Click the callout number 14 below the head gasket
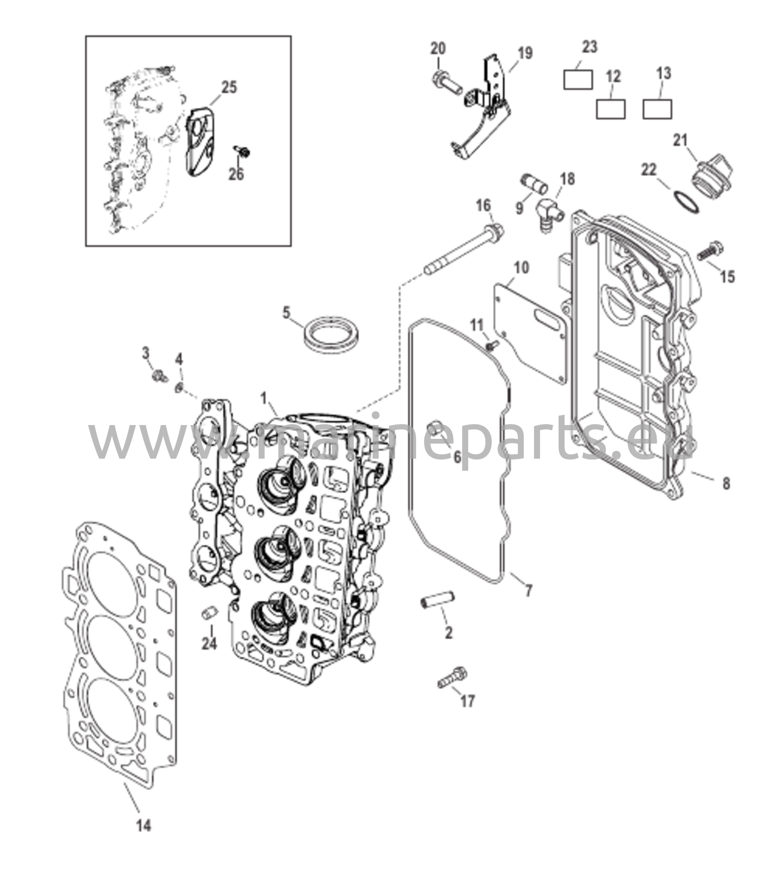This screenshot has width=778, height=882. [x=144, y=826]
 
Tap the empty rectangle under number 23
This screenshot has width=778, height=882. [x=577, y=79]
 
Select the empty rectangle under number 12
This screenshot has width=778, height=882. [x=610, y=109]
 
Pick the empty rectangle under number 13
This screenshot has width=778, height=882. [x=657, y=109]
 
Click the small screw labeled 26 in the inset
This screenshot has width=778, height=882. [x=243, y=152]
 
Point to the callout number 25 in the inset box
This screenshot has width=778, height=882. [x=229, y=87]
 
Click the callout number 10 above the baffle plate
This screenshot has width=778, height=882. [x=521, y=267]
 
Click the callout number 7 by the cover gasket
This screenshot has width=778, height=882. [x=528, y=590]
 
